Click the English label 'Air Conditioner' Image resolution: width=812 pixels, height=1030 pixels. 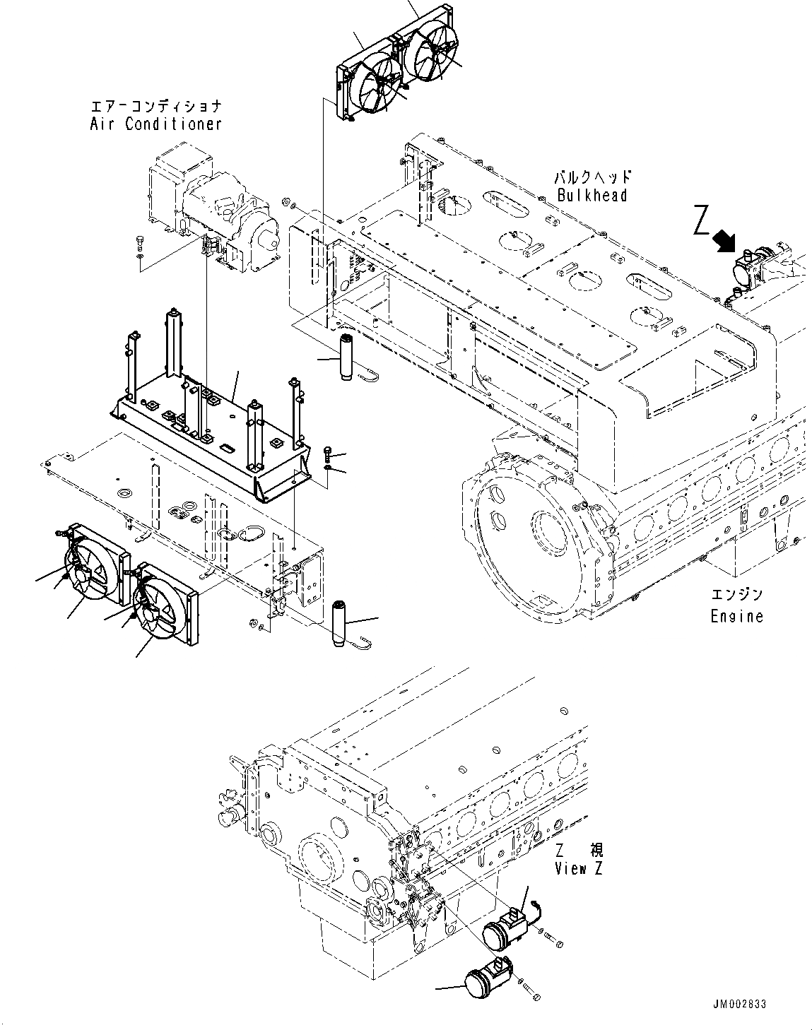[x=155, y=124]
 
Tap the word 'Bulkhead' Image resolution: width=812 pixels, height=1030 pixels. [x=592, y=196]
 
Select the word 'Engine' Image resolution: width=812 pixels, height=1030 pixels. [x=736, y=616]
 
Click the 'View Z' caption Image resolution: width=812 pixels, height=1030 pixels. [x=578, y=869]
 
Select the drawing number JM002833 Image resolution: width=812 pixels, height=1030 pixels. [x=739, y=1005]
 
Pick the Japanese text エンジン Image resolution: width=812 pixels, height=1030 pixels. [x=736, y=596]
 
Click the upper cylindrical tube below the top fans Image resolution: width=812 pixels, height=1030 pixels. [x=347, y=358]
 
